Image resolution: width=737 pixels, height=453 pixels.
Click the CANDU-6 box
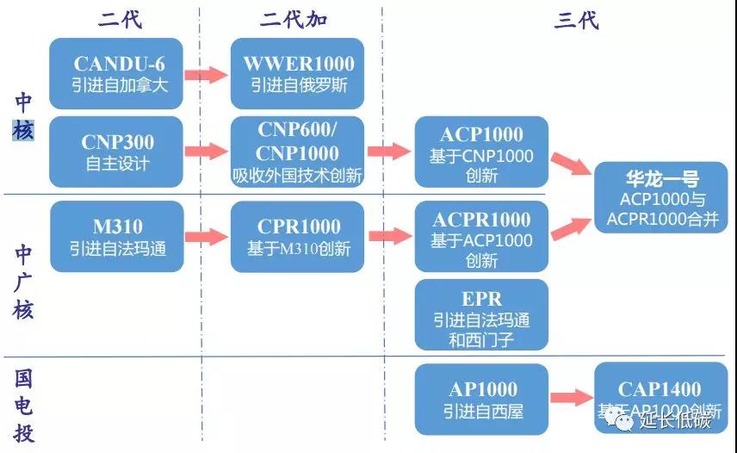[x=116, y=73]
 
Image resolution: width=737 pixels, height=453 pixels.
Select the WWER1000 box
[x=298, y=73]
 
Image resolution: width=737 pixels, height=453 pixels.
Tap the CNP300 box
[x=116, y=152]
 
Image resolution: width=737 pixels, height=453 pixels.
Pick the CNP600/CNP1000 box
[x=298, y=152]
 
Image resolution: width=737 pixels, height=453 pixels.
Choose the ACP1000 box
[x=481, y=152]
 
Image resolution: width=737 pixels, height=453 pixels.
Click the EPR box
[x=481, y=314]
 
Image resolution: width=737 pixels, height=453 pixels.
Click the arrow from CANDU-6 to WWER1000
[x=207, y=74]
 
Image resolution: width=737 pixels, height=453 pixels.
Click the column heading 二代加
[x=294, y=18]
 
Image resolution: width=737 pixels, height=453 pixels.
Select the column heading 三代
[x=576, y=18]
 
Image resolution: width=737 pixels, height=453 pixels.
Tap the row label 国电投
[x=23, y=405]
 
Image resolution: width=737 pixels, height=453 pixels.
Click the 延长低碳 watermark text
[x=675, y=420]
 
